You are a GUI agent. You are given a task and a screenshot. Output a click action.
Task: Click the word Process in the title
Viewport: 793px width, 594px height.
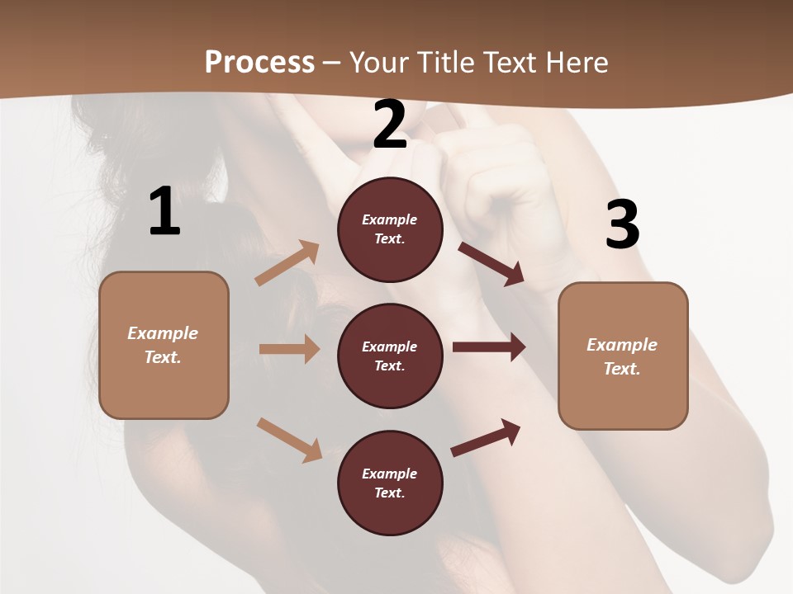point(259,62)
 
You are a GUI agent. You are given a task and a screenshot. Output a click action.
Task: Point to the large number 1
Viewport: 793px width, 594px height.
point(164,212)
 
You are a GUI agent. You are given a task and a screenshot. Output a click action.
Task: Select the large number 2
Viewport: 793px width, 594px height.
point(390,125)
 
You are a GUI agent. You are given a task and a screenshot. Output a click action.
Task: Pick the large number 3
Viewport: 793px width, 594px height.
point(622,225)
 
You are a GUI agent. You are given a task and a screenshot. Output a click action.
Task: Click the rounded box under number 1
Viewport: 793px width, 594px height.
point(164,345)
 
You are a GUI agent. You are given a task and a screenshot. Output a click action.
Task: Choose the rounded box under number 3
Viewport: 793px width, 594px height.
point(623,356)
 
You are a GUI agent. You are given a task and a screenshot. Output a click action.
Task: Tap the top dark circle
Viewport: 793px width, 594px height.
point(390,229)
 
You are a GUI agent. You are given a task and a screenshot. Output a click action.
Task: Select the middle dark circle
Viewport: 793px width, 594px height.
point(390,356)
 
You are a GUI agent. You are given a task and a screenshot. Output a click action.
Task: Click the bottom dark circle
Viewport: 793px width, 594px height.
point(390,483)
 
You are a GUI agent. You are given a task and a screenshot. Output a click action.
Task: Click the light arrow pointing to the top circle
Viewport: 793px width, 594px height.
point(287,263)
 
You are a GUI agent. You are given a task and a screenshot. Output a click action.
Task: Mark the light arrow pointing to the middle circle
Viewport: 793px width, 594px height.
point(289,349)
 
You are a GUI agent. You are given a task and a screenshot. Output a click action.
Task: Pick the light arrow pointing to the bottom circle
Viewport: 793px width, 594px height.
point(289,440)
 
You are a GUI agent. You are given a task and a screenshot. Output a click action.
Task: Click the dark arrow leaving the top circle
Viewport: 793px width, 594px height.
point(491,263)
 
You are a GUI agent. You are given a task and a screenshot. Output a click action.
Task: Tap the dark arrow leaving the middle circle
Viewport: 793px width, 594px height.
point(489,347)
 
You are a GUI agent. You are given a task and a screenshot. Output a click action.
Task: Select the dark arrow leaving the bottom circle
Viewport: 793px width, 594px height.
point(486,438)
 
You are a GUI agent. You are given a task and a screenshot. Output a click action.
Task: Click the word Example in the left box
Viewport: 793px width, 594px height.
point(163,333)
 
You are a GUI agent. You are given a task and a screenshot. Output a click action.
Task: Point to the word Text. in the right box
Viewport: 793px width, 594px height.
point(622,369)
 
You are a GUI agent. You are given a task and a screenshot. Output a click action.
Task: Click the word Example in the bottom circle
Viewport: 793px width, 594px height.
point(390,474)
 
